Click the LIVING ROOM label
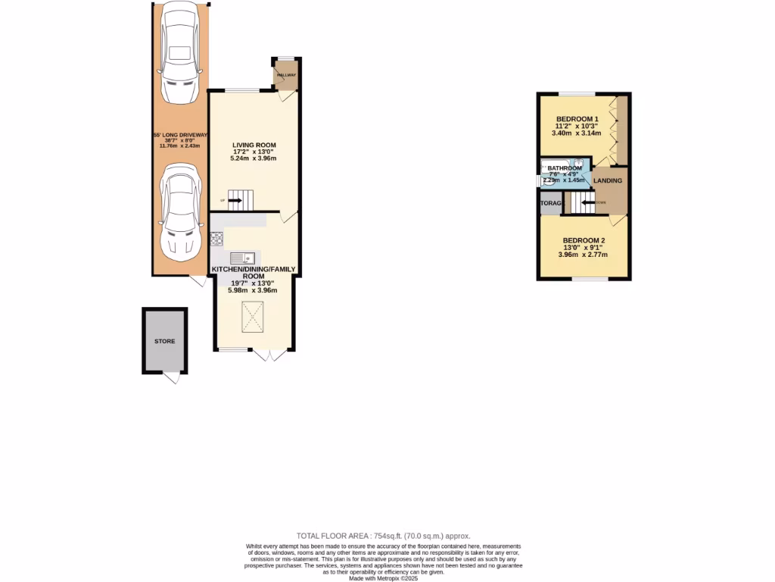pyautogui.click(x=254, y=145)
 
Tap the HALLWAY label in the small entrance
pyautogui.click(x=286, y=75)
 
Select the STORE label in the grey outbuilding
pyautogui.click(x=165, y=341)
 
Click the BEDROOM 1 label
pyautogui.click(x=577, y=119)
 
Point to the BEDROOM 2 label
pyautogui.click(x=583, y=240)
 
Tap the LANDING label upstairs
pyautogui.click(x=608, y=180)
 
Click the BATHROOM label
pyautogui.click(x=565, y=168)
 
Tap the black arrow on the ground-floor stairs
pyautogui.click(x=234, y=201)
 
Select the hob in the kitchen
pyautogui.click(x=216, y=239)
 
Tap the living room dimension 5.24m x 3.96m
pyautogui.click(x=254, y=159)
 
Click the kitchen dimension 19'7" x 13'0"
pyautogui.click(x=254, y=283)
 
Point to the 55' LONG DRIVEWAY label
pyautogui.click(x=179, y=135)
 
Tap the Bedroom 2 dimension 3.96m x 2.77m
pyautogui.click(x=583, y=255)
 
